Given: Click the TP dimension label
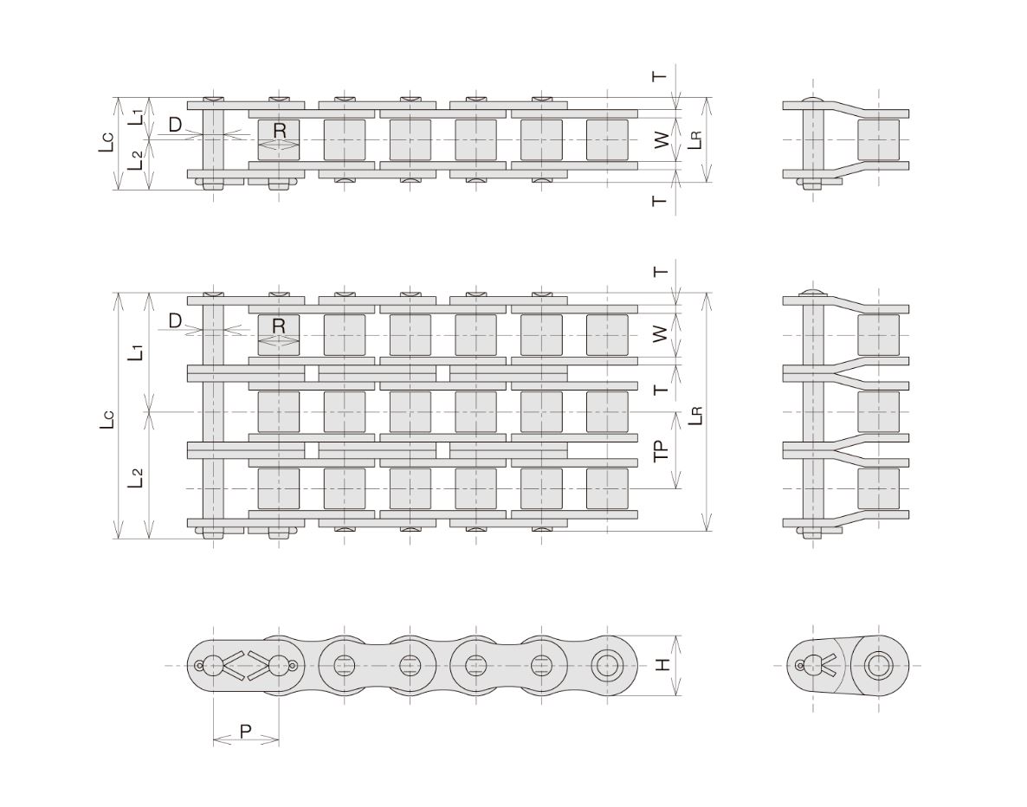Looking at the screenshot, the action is click(662, 450).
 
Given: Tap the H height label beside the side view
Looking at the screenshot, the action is click(662, 665).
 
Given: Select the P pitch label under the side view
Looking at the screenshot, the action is click(246, 731).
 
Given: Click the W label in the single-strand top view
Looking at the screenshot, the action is click(662, 139).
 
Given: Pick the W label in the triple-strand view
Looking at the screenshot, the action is click(662, 333).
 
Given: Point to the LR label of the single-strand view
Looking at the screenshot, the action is click(695, 140).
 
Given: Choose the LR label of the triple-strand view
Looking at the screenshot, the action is click(695, 416).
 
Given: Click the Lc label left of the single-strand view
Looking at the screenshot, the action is click(107, 143).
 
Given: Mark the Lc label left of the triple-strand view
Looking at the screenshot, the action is click(107, 420).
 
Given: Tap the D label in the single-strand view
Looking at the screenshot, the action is click(175, 125).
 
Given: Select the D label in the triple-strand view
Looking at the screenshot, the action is click(175, 320).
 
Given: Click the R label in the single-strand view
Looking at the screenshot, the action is click(280, 131).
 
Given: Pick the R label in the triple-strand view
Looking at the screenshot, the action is click(280, 326).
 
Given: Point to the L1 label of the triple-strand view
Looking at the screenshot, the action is click(136, 352).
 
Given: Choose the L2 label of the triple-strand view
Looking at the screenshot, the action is click(136, 478).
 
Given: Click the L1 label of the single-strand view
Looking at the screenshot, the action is click(135, 118).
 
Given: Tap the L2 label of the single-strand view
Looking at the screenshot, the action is click(135, 160).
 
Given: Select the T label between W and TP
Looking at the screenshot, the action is click(662, 390).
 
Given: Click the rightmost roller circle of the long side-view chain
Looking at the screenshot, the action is click(607, 666).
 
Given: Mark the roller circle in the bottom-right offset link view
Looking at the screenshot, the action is click(879, 666).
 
